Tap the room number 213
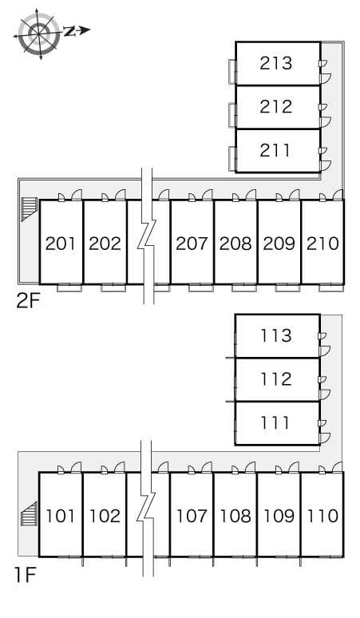coord(276,63)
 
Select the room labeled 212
coord(276,106)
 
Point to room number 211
coord(276,149)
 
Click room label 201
coord(61,243)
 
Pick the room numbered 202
coord(105,243)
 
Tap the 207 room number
coord(192,243)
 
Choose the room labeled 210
coord(322,243)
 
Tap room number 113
coord(276,335)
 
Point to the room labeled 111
coord(276,422)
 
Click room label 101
coord(61,516)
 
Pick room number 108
coord(235,516)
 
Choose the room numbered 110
coord(322,516)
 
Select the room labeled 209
coord(279,243)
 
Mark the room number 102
coord(105,516)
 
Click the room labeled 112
coord(276,378)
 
